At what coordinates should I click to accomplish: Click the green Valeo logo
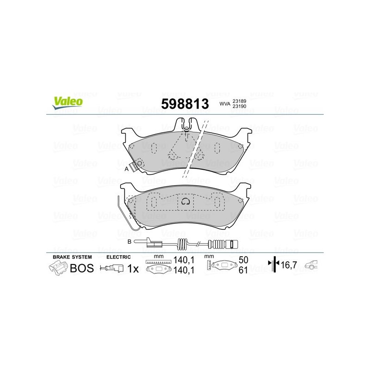click(x=68, y=103)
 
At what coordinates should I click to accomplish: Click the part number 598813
click(x=185, y=104)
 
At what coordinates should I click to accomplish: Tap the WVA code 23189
click(x=239, y=101)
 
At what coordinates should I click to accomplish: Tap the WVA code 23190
click(x=239, y=106)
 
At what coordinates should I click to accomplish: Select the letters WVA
click(x=225, y=104)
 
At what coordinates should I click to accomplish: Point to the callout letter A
click(x=126, y=169)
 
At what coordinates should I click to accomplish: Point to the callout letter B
click(x=129, y=241)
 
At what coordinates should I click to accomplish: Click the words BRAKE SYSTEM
click(x=72, y=257)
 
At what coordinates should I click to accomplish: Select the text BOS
click(x=82, y=268)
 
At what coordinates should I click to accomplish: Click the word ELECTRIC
click(x=118, y=257)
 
